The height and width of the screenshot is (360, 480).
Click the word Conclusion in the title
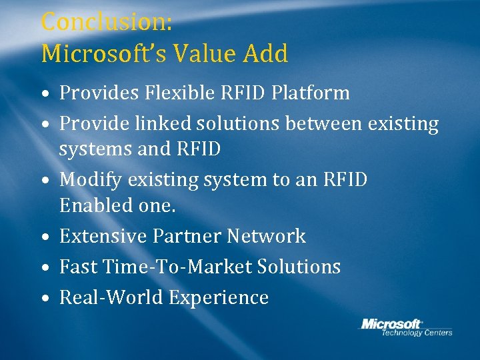(x=107, y=22)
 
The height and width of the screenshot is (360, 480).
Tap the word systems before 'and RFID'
(x=95, y=150)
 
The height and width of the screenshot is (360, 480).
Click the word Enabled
(x=91, y=205)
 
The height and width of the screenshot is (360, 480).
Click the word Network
(x=267, y=236)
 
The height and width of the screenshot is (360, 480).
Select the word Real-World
(x=111, y=298)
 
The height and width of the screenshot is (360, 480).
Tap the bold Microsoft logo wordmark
(x=391, y=323)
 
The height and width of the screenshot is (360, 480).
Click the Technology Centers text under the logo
(x=416, y=333)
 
